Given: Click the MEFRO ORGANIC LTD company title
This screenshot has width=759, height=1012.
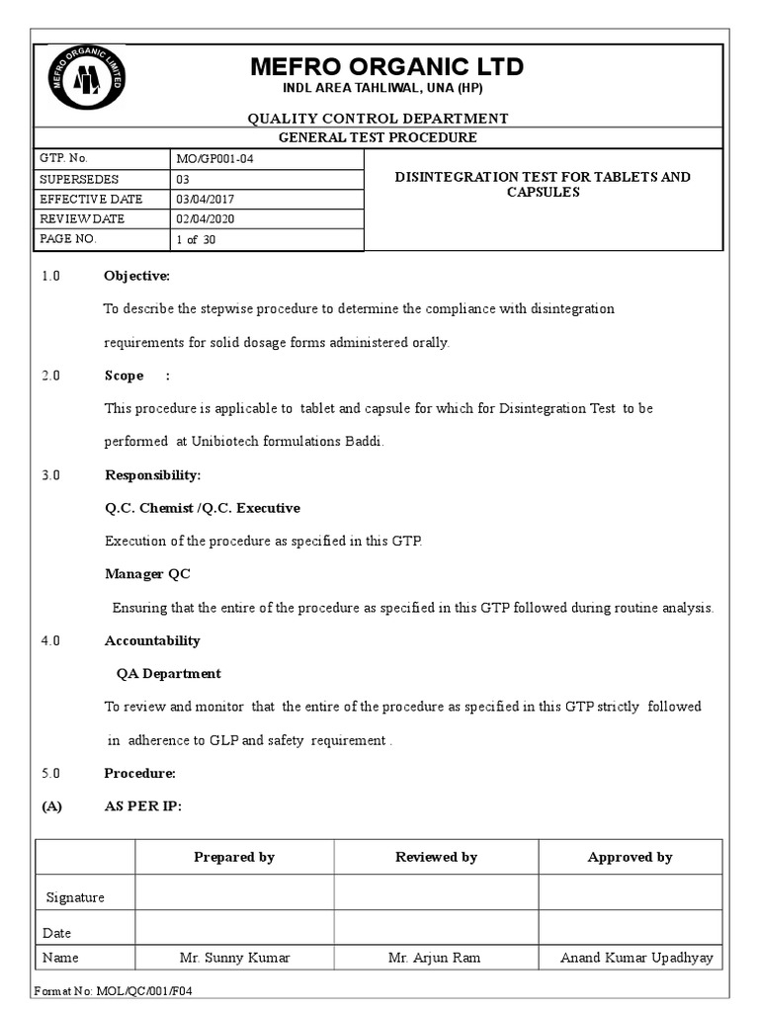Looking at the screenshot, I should (386, 67).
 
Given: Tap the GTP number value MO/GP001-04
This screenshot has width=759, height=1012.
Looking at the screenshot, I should (219, 159).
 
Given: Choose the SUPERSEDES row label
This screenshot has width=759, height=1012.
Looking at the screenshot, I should (79, 179).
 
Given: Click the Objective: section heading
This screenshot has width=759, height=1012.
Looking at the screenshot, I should (137, 276).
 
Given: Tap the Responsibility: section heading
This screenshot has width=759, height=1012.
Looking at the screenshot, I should (152, 475).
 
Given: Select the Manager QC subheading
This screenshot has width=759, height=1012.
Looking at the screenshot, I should (147, 574).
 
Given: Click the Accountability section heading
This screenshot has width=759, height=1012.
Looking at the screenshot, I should (152, 640).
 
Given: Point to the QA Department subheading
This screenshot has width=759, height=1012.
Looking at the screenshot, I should (169, 674).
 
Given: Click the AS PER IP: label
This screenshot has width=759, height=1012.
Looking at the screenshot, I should (142, 806).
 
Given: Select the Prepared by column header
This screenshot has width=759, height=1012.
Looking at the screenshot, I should (234, 857).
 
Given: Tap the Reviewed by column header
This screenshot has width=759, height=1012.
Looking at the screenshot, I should (436, 857).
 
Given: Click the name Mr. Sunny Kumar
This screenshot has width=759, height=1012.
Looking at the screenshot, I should (234, 958).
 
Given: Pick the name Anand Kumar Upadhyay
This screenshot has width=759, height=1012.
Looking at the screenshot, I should (635, 958).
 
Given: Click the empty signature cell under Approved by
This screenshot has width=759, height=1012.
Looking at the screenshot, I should (631, 892).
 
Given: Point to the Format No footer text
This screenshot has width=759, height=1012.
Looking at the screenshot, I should (118, 990).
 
